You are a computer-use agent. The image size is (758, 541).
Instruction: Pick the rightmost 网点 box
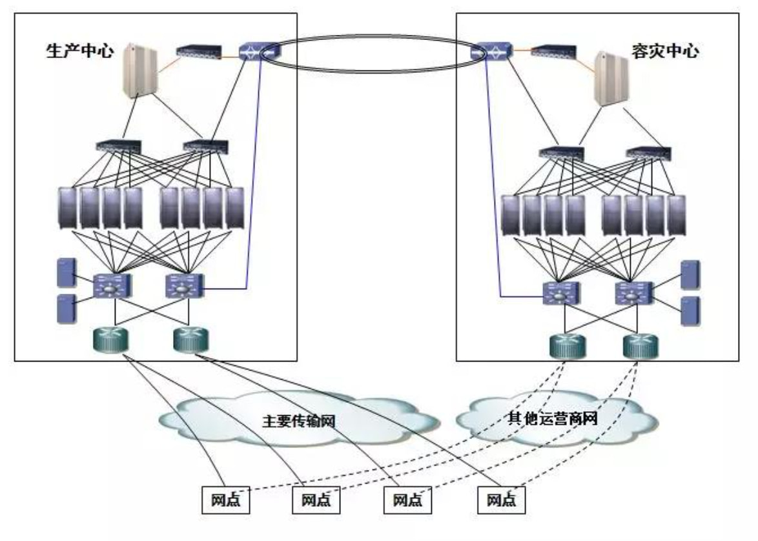(x=502, y=499)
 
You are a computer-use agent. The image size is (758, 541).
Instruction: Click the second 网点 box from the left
(x=316, y=499)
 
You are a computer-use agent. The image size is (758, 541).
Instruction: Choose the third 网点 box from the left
(x=407, y=499)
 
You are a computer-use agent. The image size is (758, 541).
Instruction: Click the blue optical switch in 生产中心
(x=258, y=51)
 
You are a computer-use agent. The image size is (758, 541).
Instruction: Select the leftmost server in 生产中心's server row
(x=68, y=209)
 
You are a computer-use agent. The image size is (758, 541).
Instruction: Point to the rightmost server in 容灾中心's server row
(x=677, y=215)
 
